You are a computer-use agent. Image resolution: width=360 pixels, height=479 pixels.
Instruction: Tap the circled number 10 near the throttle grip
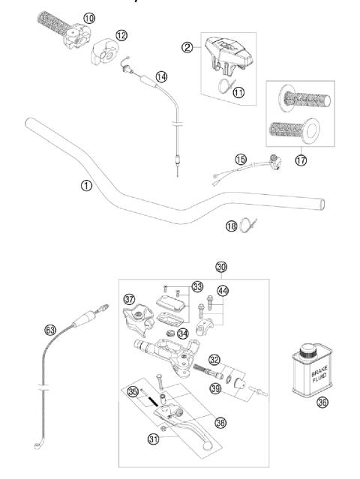coord(89,16)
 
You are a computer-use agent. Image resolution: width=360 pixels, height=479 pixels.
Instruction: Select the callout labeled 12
coord(121,35)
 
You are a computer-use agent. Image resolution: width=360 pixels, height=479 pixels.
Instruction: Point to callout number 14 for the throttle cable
coord(162,76)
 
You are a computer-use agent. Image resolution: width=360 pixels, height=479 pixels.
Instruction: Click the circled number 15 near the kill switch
coord(240,160)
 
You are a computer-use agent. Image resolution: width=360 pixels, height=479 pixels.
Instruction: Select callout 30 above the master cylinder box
coord(220,267)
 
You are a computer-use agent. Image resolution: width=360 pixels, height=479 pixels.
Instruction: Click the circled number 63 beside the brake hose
coord(51,328)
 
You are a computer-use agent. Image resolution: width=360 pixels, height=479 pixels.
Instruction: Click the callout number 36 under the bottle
coord(322,422)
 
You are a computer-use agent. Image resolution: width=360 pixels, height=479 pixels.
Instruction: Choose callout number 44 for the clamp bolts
coord(223,290)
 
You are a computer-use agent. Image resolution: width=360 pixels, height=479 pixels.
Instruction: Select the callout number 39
coord(216,387)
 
